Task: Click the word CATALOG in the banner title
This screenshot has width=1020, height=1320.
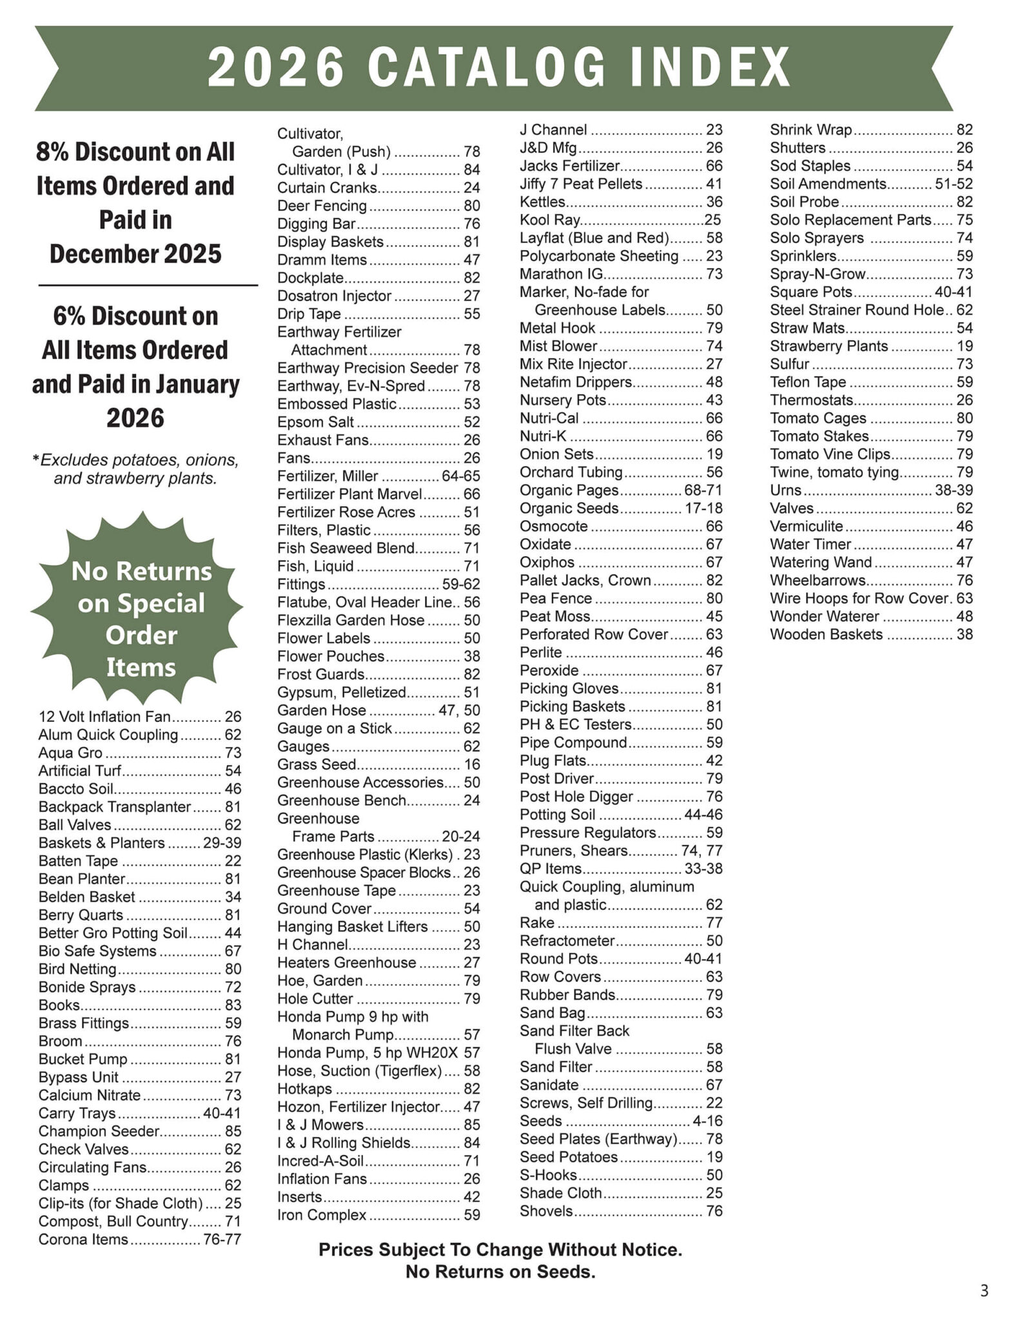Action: (487, 68)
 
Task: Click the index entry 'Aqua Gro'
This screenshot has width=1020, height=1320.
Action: (70, 753)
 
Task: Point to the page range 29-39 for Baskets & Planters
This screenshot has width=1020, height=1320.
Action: (222, 843)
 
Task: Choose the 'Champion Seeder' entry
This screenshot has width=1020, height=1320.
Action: (99, 1131)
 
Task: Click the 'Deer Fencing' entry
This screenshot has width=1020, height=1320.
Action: (322, 206)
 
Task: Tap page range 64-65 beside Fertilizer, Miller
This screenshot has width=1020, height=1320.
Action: (460, 476)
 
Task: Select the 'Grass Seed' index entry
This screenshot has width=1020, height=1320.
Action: (317, 764)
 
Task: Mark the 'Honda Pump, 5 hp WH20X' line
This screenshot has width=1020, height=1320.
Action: (367, 1053)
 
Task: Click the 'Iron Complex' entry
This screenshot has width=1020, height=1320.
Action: (322, 1215)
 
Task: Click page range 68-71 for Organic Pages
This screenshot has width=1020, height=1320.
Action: (703, 490)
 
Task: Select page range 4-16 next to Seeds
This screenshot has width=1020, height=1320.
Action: (707, 1121)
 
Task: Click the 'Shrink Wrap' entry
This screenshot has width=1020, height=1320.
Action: (811, 130)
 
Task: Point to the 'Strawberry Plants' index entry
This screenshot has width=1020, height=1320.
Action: (829, 346)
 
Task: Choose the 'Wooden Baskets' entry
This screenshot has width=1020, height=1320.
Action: (826, 634)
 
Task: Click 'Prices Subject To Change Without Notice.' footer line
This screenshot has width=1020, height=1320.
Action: (500, 1250)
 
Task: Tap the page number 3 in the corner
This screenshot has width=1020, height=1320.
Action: (983, 1291)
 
